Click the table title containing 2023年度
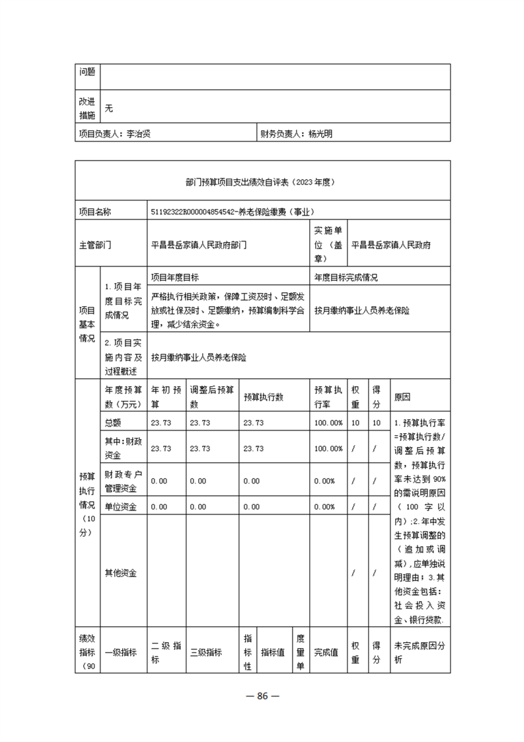[262, 180]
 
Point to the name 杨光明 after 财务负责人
[320, 134]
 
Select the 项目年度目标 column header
[175, 277]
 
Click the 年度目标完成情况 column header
[346, 277]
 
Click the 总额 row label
[113, 423]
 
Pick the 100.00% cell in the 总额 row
[328, 423]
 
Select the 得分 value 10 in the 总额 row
[377, 423]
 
